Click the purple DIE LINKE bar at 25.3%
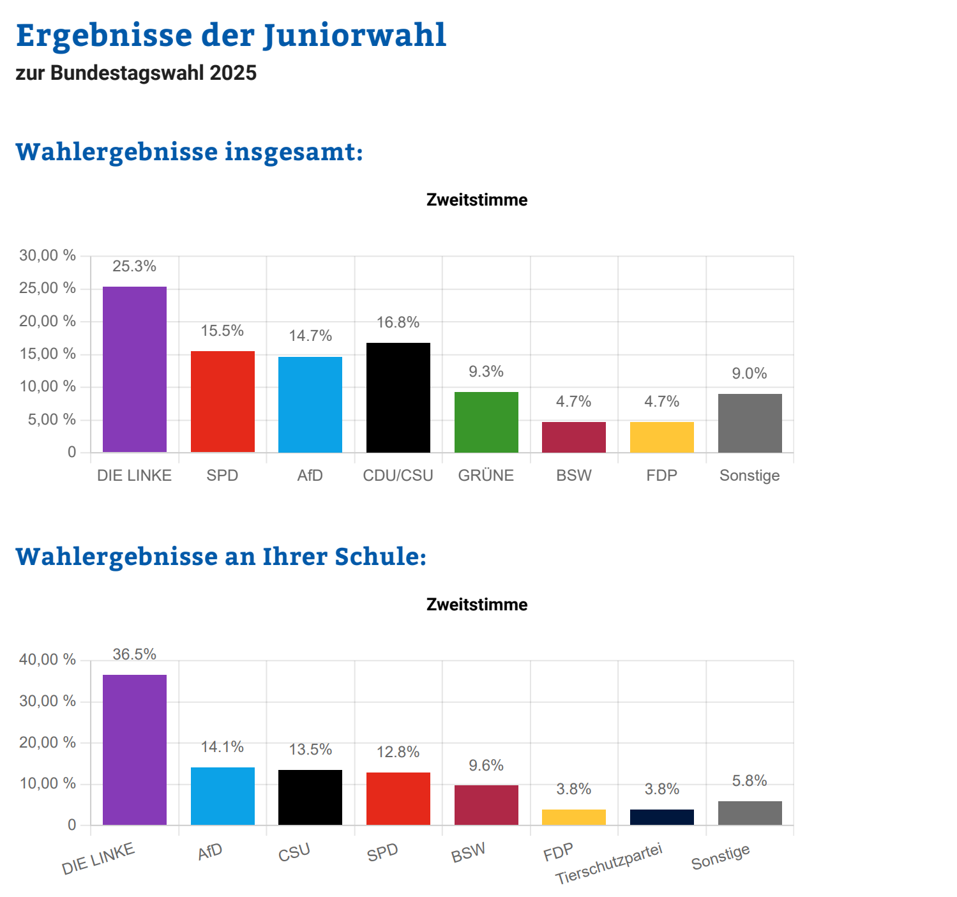[x=135, y=370]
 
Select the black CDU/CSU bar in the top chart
[x=398, y=398]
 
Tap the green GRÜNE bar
[x=486, y=422]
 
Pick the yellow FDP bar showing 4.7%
[x=662, y=437]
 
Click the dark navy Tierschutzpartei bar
[x=662, y=817]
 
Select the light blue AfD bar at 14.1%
[x=223, y=796]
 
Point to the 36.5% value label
[x=135, y=654]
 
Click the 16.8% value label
[x=398, y=322]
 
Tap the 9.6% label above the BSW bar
[x=486, y=765]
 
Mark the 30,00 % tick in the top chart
[x=47, y=256]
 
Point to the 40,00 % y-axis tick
[x=47, y=660]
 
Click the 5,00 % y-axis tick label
[x=51, y=420]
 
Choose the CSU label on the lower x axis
[x=294, y=852]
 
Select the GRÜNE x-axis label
[x=486, y=476]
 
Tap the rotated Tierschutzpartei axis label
[x=609, y=863]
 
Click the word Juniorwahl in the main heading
[x=355, y=35]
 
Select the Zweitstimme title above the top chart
[x=477, y=200]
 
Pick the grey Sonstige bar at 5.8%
[x=750, y=813]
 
